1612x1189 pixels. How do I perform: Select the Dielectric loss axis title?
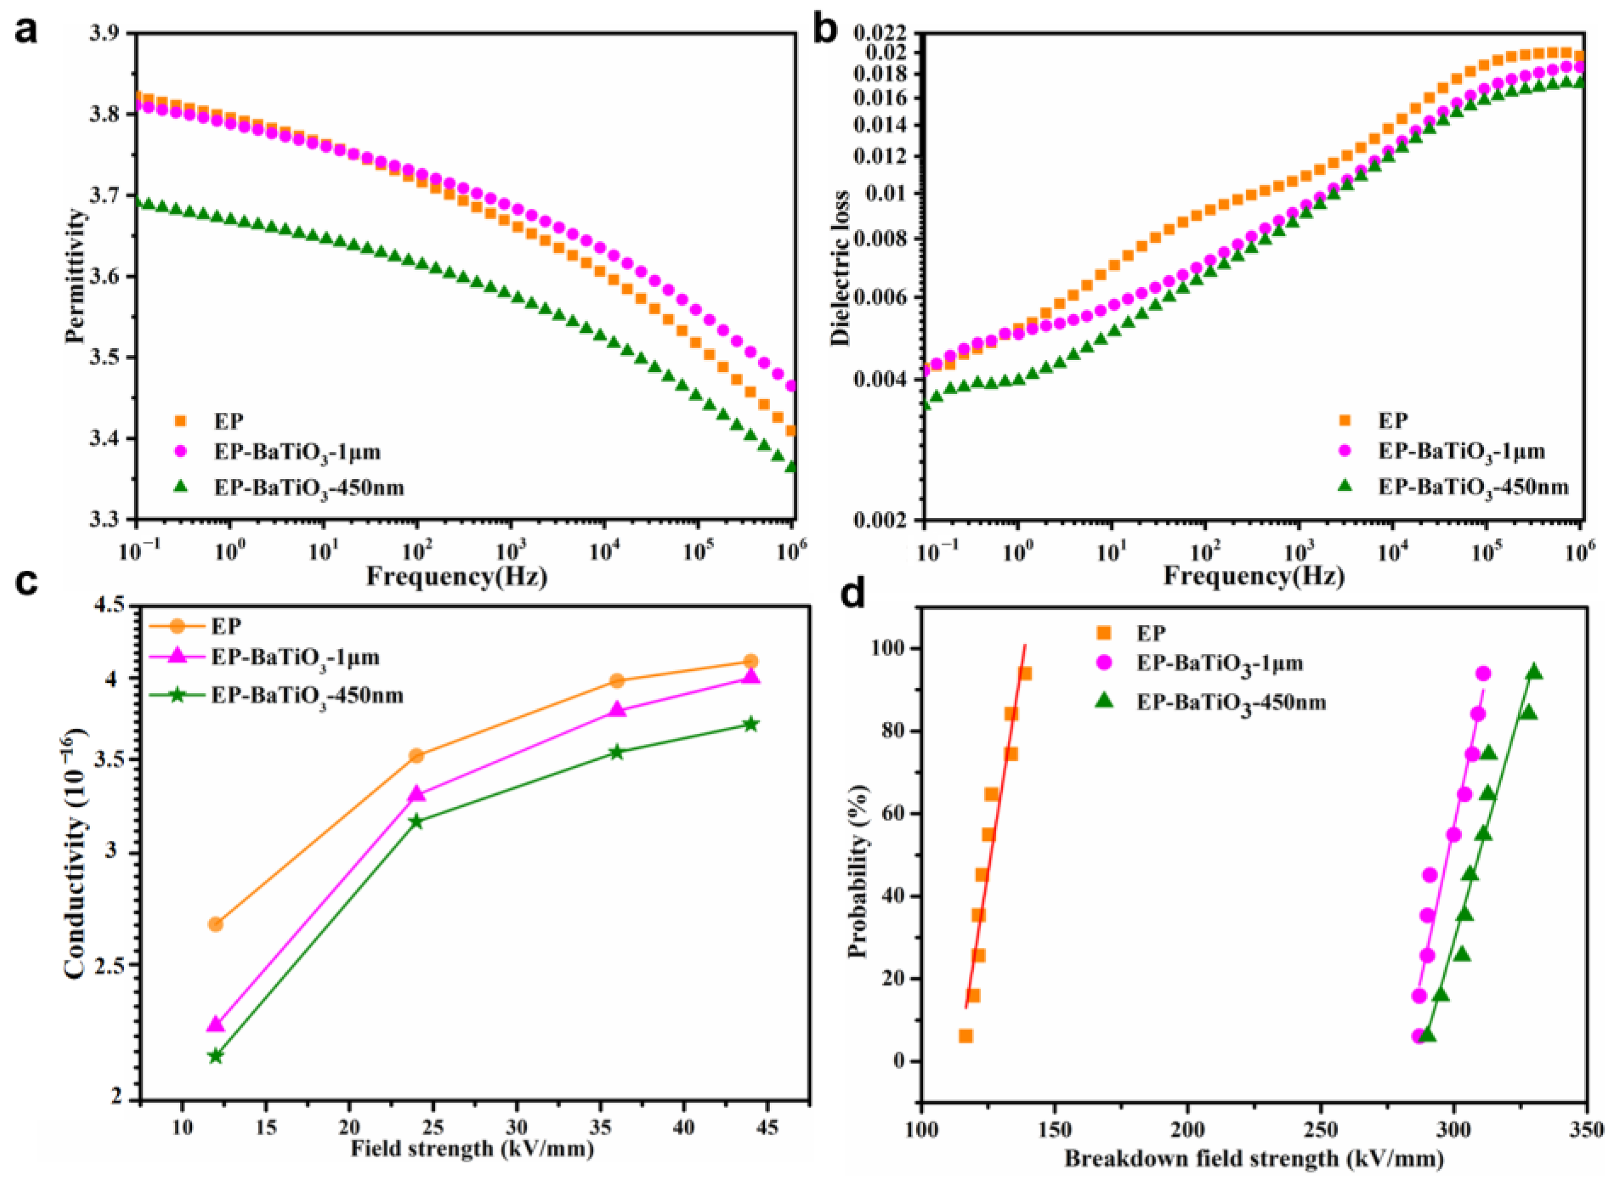coord(840,268)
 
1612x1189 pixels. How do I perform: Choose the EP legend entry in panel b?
coord(1392,420)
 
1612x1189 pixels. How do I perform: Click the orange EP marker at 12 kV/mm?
coord(215,924)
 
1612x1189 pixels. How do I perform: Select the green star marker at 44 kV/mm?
coord(751,724)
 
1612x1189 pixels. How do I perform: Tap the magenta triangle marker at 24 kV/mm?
coord(416,794)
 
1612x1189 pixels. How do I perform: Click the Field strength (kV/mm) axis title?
coord(473,1149)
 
